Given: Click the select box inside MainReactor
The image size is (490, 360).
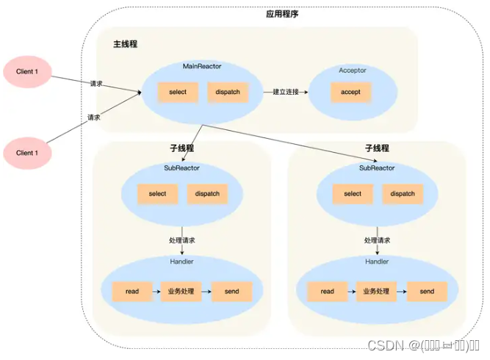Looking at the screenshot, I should (178, 93).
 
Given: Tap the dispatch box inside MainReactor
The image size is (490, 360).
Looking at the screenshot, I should (228, 93).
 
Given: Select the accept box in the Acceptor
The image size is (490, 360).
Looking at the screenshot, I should (350, 93).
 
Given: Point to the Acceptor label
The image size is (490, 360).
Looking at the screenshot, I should (353, 71).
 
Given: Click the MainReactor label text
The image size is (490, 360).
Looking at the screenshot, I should (202, 67).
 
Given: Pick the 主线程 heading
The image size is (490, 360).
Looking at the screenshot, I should (125, 44).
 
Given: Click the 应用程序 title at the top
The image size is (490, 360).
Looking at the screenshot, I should (282, 14).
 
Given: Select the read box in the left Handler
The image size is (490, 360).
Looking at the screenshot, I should (132, 292).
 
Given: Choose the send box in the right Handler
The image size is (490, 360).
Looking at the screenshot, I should (427, 292).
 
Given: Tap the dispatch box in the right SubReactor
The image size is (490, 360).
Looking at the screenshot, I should (403, 194).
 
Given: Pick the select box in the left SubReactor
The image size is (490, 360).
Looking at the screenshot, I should (157, 194).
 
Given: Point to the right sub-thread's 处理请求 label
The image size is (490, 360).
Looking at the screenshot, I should (377, 240).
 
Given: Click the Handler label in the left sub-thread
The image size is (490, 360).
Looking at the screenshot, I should (181, 262).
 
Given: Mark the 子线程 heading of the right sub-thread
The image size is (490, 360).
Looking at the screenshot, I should (377, 148).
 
